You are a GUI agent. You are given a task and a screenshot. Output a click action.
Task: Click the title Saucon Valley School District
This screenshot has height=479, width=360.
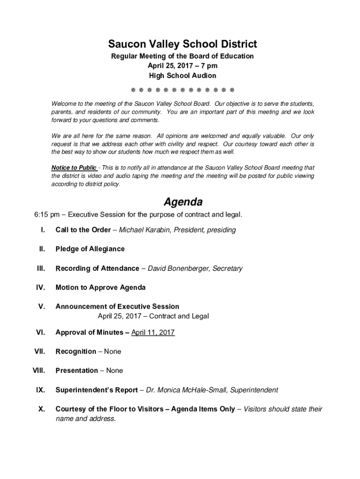point(182,44)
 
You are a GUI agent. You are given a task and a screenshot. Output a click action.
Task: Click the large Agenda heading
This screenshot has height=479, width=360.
point(182,202)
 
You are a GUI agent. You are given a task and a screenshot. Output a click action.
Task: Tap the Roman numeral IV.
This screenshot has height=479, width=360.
point(41,287)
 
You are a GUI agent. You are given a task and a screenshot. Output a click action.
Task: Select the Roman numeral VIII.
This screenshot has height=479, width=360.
point(38,370)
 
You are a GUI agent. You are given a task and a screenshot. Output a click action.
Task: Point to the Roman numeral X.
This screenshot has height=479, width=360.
point(42,409)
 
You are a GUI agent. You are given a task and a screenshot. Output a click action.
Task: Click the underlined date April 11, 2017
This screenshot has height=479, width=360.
point(153,332)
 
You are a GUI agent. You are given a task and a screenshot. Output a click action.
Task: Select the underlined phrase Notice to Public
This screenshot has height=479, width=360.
point(74,167)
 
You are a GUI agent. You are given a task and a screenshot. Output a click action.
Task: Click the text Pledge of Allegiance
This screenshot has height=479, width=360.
point(90,249)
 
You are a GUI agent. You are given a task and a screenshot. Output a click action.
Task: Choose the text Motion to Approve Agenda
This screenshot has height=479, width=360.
point(101,287)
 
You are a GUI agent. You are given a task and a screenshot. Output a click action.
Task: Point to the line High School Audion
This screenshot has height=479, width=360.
point(182,76)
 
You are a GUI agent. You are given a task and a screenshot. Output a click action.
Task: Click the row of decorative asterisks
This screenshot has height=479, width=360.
point(182,89)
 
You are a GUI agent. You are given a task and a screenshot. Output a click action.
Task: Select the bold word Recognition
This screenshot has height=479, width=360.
point(76,351)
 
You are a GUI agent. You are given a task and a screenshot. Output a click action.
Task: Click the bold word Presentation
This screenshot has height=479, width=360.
point(77,370)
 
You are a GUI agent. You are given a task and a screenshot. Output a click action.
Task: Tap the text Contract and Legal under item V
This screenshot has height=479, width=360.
point(179,316)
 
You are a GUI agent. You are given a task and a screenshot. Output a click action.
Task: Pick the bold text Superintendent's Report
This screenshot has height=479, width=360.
point(96,390)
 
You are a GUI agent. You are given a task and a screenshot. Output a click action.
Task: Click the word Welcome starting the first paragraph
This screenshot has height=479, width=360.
point(64,103)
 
